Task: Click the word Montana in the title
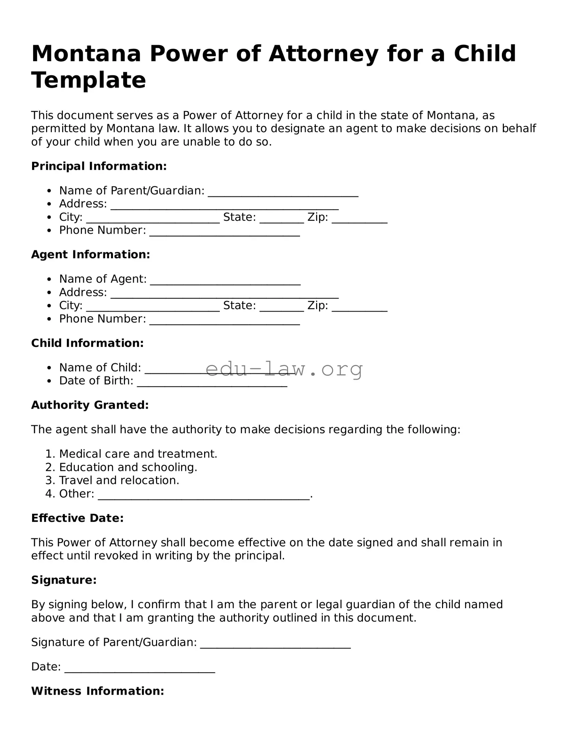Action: click(86, 54)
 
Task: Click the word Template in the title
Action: click(89, 80)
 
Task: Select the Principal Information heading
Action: click(99, 166)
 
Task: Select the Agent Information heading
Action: click(90, 255)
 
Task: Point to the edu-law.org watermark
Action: click(284, 369)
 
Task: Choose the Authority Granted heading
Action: click(90, 405)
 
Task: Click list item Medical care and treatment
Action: click(138, 454)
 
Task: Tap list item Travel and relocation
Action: click(119, 481)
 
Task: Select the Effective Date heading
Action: click(77, 518)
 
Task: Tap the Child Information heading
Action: click(87, 343)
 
